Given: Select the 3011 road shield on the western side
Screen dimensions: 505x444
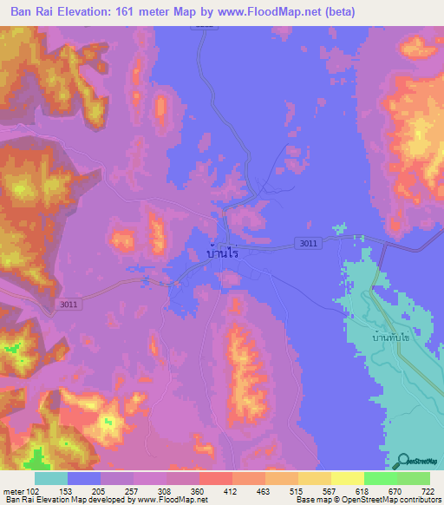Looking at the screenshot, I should coord(69,304).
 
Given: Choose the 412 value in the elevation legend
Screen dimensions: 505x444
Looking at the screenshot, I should coord(231,492).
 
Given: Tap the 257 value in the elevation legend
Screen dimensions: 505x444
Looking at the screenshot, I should coord(133,492).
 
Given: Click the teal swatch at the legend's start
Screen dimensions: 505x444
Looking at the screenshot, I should coord(50,478).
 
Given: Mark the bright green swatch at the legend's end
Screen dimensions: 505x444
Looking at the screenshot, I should coord(413,478).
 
